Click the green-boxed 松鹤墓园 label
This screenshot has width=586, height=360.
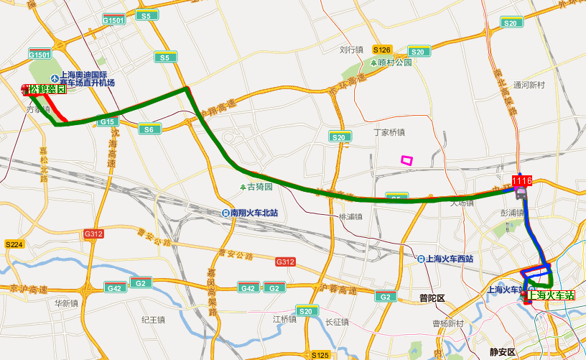(47, 90)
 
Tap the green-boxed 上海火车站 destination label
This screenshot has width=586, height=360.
(552, 295)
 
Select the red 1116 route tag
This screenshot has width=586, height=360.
(521, 181)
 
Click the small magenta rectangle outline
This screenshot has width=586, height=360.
(406, 160)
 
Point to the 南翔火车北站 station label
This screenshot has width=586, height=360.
(248, 213)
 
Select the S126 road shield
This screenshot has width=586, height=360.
(381, 50)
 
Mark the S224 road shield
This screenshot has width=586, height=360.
(14, 245)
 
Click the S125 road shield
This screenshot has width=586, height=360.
(320, 355)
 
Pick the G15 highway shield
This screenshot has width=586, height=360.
(107, 122)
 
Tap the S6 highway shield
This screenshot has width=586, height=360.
(148, 129)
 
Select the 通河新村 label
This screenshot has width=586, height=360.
(529, 85)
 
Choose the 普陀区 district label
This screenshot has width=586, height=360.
(432, 297)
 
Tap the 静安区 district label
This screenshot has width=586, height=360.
(503, 351)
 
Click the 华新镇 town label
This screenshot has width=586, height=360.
(67, 303)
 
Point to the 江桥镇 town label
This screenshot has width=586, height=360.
(285, 319)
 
